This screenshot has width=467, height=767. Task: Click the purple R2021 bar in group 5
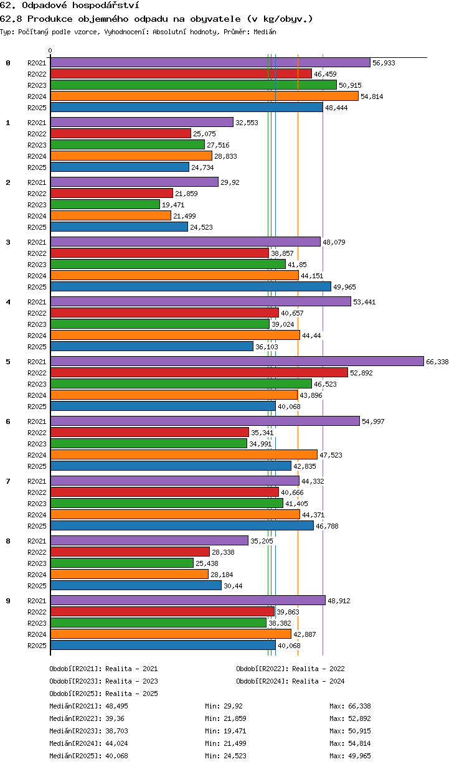[x=237, y=361]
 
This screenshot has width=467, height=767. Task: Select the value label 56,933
[x=384, y=63]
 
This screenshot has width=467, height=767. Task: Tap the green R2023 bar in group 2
[x=105, y=204]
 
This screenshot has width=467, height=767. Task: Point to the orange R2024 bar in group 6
[x=184, y=454]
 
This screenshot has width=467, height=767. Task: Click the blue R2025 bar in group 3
[x=191, y=286]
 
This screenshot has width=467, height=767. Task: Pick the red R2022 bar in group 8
[x=130, y=552]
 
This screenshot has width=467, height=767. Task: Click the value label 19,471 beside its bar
[x=173, y=205]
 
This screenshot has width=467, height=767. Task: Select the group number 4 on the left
[x=8, y=302]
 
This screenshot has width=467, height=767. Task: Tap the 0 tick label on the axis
[x=50, y=50]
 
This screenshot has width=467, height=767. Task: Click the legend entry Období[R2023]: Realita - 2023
[x=103, y=681]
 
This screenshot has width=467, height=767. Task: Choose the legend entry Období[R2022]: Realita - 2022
[x=290, y=669]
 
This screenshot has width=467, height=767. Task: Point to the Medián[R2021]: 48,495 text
[x=88, y=706]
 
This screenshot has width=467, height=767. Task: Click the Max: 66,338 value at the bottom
[x=350, y=706]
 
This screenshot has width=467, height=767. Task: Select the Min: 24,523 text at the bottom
[x=225, y=756]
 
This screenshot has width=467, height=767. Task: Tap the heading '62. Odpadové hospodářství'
[x=70, y=5]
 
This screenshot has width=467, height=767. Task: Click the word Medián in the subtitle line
[x=265, y=32]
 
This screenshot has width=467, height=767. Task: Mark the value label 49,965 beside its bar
[x=344, y=287]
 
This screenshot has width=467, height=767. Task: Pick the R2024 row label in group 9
[x=37, y=634]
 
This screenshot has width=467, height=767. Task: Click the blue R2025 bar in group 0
[x=187, y=107]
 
